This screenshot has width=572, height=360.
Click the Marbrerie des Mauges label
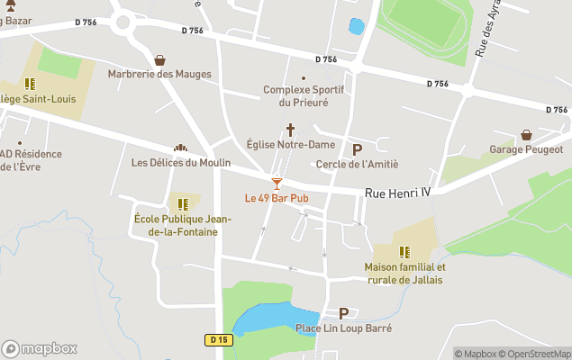(159, 74)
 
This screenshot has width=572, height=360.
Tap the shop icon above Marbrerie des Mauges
(160, 60)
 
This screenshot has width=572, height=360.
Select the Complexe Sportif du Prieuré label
(295, 95)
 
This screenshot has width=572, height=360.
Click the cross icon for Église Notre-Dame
(291, 130)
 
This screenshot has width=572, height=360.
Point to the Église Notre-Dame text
(290, 144)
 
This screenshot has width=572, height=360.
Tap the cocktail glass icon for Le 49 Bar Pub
(277, 183)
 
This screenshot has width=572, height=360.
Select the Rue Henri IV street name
(398, 193)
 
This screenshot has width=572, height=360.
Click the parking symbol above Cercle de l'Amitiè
(357, 149)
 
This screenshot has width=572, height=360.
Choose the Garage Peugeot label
(526, 149)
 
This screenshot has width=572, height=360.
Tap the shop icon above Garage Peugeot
(526, 135)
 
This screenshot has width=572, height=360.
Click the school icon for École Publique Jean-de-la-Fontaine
(183, 204)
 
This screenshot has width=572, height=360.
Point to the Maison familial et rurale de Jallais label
(404, 274)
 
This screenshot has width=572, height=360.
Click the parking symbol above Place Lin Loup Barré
(343, 313)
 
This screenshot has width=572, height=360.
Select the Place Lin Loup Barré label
(343, 328)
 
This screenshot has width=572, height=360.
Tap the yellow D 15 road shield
(218, 339)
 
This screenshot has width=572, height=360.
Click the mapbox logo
(39, 348)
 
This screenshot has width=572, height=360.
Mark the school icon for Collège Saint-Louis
(30, 84)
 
